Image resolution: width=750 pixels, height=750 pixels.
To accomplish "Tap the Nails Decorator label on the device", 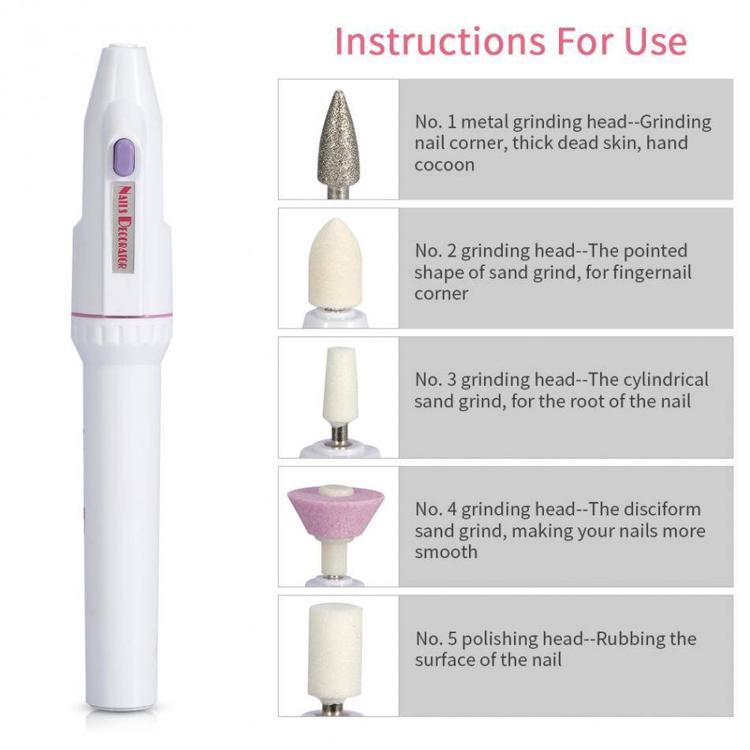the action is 123,227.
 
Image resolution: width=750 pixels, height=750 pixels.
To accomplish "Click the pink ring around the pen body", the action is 122,315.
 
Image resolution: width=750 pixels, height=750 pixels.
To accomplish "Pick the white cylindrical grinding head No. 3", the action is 339,385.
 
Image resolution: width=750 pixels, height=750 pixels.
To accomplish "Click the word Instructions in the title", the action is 440,42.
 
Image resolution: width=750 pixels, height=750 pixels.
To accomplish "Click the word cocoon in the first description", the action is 444,165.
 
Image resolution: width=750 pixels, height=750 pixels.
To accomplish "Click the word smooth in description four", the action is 446,552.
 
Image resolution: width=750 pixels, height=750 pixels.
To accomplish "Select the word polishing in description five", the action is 499,639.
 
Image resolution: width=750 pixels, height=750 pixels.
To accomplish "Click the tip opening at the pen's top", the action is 123,47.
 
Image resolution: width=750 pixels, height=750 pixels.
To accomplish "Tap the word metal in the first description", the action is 484,122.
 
